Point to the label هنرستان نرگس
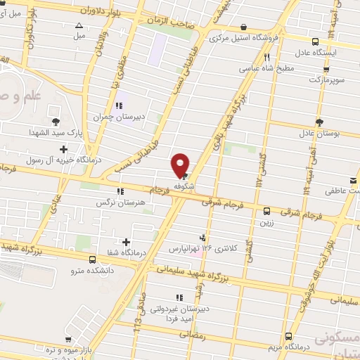pyautogui.click(x=118, y=201)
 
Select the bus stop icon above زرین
pyautogui.click(x=266, y=211)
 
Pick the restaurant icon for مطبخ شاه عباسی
pyautogui.click(x=266, y=58)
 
